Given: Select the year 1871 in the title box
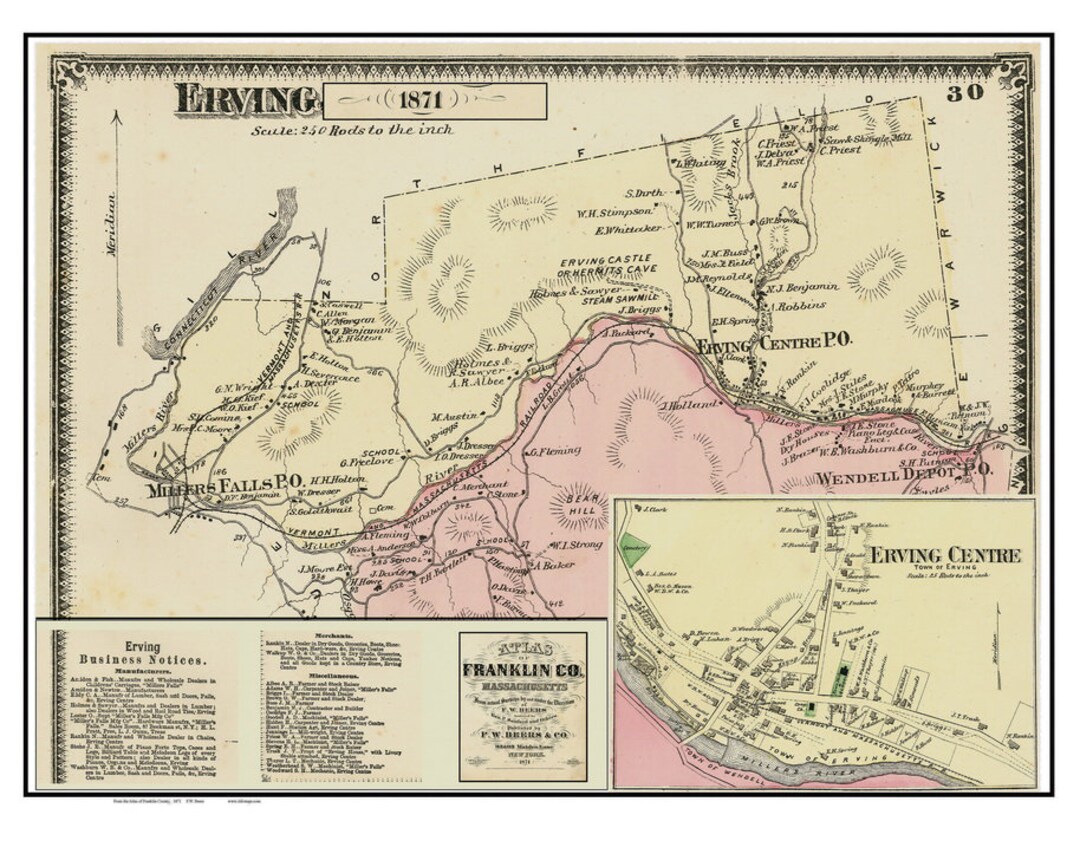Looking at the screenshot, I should (x=434, y=101).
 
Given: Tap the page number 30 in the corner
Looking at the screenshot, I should (x=965, y=94).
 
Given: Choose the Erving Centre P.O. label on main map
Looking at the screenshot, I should (x=776, y=343).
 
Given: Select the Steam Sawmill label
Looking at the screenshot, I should (x=622, y=296).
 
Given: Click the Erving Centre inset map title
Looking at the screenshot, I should (x=944, y=556).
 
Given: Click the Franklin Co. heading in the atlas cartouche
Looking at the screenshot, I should (x=523, y=669).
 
